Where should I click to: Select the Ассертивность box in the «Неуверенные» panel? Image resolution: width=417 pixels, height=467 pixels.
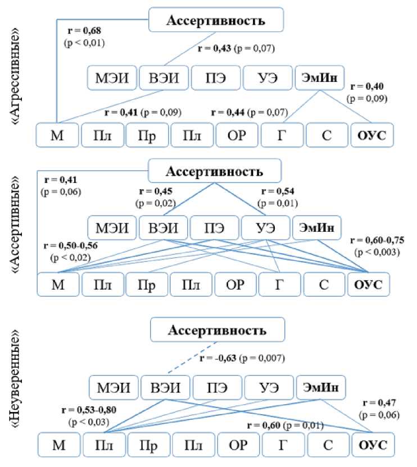click(x=217, y=330)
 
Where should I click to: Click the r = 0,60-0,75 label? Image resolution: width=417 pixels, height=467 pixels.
click(x=376, y=240)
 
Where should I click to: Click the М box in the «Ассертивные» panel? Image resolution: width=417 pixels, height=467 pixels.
click(x=57, y=282)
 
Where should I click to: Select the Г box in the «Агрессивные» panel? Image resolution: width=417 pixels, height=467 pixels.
click(x=282, y=135)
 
